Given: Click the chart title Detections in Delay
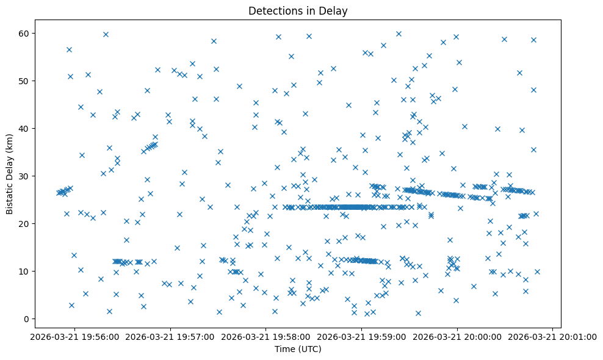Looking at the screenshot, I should coord(298,10).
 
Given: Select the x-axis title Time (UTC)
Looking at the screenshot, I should coord(298,349).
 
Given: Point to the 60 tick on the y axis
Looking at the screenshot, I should coord(26,33).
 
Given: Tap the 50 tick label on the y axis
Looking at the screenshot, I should coord(26,81).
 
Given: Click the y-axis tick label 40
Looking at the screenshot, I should coord(26,128).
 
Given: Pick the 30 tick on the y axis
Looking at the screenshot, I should coord(26,176).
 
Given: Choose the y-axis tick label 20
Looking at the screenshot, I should coord(26,223).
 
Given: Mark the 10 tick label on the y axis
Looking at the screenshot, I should coord(26,271).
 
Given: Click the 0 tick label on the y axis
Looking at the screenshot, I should coord(28,319).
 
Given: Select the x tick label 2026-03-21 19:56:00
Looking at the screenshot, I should coord(75,336).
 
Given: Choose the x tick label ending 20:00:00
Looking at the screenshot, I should coord(457,336).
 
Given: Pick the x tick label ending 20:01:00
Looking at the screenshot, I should coord(552,336).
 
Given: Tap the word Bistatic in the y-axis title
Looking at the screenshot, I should coord(10,196).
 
